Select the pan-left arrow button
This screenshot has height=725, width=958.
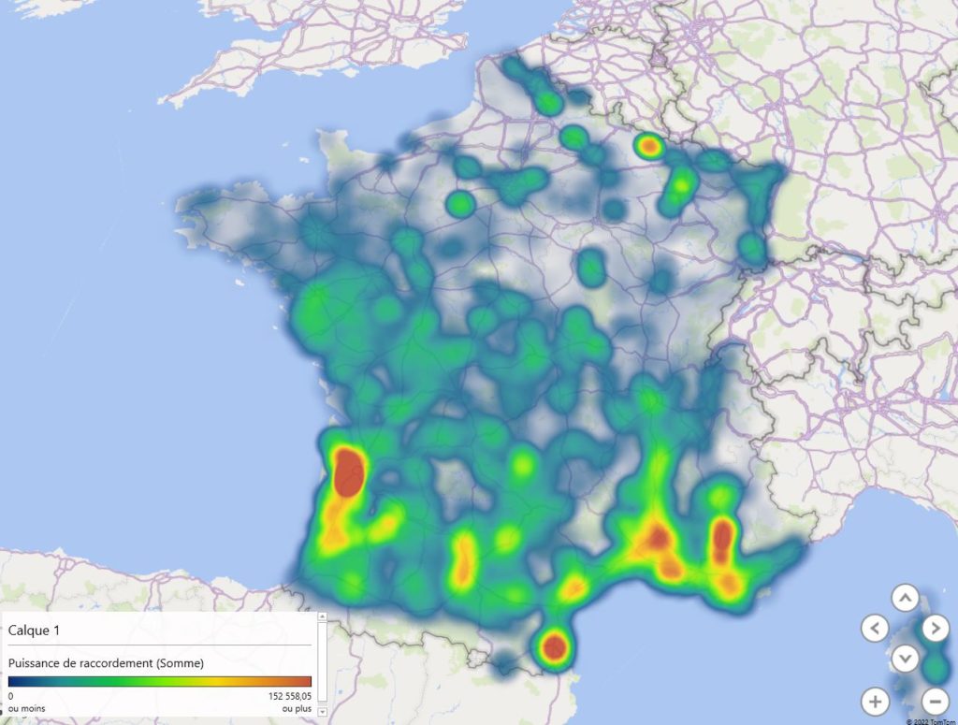click(x=875, y=628)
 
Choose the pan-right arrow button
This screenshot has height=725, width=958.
click(x=936, y=628)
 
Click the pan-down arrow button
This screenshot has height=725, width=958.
click(x=905, y=658)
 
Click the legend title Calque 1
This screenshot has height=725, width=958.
click(x=34, y=631)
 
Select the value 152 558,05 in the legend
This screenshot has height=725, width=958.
click(x=283, y=696)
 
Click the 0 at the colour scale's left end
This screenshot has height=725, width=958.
click(x=11, y=696)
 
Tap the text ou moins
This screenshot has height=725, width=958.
click(x=26, y=708)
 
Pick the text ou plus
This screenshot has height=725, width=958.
click(x=297, y=708)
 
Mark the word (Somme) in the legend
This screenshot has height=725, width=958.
click(x=180, y=663)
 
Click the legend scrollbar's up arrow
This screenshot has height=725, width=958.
click(x=323, y=617)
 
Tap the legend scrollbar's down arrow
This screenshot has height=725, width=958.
click(x=323, y=712)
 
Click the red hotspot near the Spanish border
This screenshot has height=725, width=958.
click(x=554, y=646)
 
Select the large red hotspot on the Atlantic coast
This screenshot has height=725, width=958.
click(x=349, y=471)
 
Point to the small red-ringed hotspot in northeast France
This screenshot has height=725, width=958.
click(x=648, y=146)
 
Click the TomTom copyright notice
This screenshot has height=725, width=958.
click(x=930, y=721)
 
